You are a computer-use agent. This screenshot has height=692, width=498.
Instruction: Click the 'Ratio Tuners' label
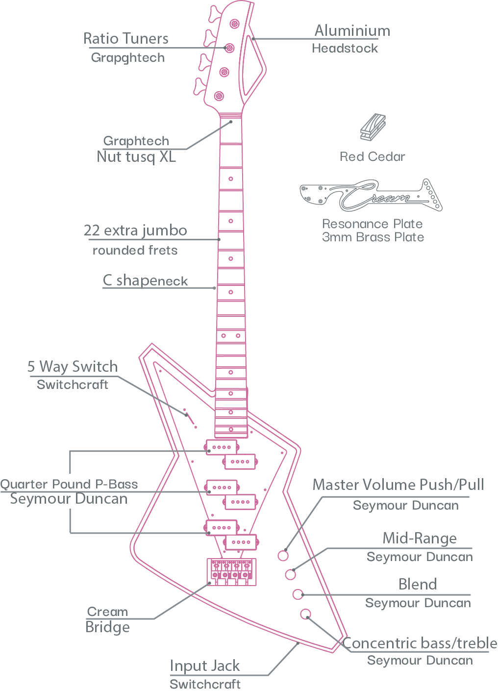[126, 38]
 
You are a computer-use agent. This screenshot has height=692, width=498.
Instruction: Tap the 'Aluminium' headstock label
[352, 31]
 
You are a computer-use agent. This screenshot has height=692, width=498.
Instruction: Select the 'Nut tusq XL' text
[136, 157]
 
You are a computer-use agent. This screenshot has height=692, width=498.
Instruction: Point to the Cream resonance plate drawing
[371, 195]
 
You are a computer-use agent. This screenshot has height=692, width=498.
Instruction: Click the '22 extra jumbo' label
[135, 231]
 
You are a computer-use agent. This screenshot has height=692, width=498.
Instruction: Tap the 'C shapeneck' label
[145, 281]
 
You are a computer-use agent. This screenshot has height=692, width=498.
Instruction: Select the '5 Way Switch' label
[73, 366]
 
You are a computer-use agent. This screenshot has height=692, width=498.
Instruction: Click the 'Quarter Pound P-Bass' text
[69, 485]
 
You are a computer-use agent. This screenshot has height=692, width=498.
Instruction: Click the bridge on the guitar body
[231, 571]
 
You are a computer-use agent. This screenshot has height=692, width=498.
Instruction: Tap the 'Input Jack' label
[205, 666]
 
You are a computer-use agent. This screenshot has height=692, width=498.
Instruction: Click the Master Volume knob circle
[283, 555]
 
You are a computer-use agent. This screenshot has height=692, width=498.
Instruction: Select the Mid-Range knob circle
[290, 574]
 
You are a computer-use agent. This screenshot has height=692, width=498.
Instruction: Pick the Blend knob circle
[298, 594]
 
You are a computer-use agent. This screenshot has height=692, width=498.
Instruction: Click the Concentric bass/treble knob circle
[305, 614]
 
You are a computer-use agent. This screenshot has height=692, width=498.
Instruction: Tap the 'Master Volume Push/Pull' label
[398, 485]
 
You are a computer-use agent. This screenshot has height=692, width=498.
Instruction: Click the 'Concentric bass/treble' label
[420, 643]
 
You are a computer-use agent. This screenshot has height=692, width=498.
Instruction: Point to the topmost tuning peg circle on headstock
[234, 24]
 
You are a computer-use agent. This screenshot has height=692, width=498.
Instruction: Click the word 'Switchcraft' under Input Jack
[205, 684]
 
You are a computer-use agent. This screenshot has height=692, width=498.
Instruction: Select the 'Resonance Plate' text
[372, 224]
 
